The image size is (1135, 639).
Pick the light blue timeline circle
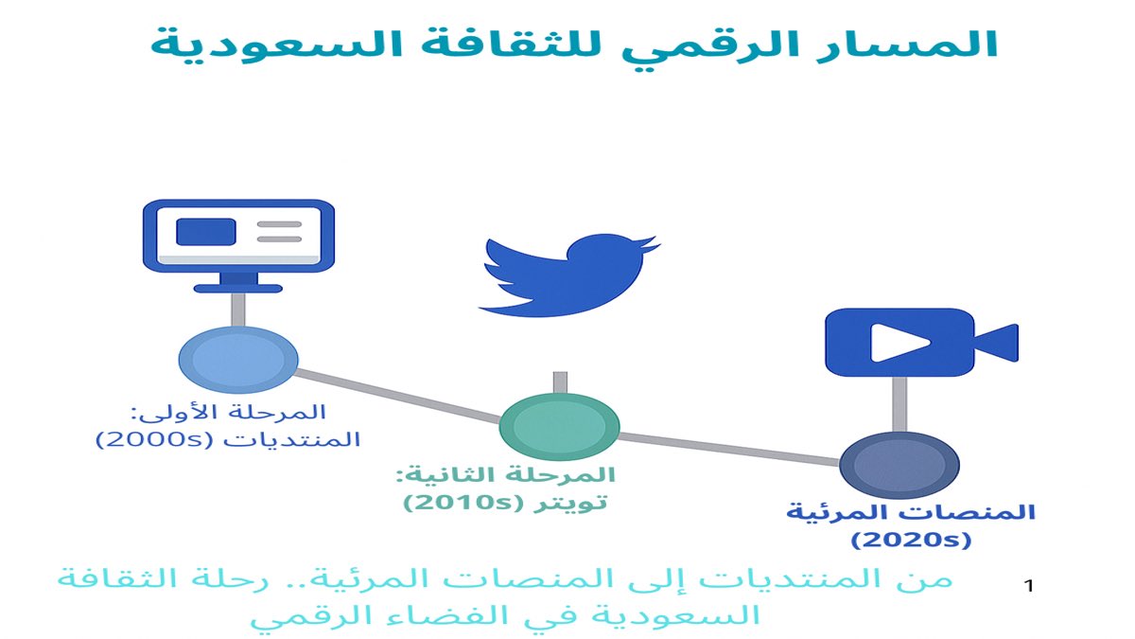pos(238,360)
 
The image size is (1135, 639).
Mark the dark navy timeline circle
pos(899,464)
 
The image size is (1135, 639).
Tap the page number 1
pos(1029,587)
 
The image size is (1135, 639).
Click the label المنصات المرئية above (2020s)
pos(911,512)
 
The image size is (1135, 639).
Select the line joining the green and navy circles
pos(729,448)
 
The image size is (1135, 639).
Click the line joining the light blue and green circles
pos(398,394)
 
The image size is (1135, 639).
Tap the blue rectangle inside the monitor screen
pos(207,231)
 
